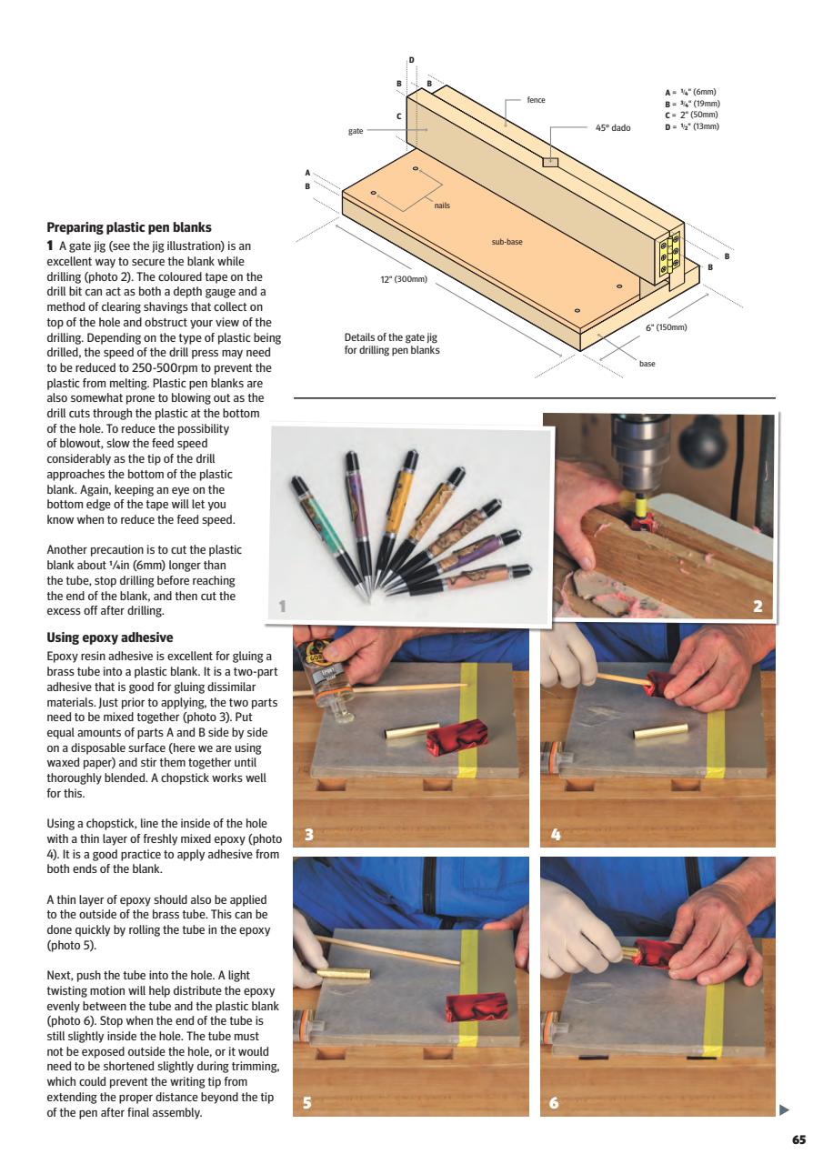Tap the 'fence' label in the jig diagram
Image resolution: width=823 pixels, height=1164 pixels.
click(x=536, y=99)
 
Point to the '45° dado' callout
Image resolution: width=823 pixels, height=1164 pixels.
click(x=613, y=128)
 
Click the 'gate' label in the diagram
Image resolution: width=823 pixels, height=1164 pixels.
click(x=356, y=131)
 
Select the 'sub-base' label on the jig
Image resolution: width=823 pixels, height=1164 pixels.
click(x=507, y=242)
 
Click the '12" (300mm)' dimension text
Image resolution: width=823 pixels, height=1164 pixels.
click(x=403, y=278)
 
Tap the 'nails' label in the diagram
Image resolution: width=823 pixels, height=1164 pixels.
click(x=442, y=206)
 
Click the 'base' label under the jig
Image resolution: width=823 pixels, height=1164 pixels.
click(x=647, y=364)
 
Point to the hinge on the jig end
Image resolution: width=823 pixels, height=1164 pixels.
click(x=668, y=256)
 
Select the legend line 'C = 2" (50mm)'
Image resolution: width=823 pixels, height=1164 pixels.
click(x=691, y=115)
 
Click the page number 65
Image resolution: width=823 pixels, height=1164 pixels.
click(x=798, y=1139)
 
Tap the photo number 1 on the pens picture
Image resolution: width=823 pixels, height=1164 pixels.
click(x=282, y=607)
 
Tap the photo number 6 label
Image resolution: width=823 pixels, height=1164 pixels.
click(x=554, y=1103)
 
